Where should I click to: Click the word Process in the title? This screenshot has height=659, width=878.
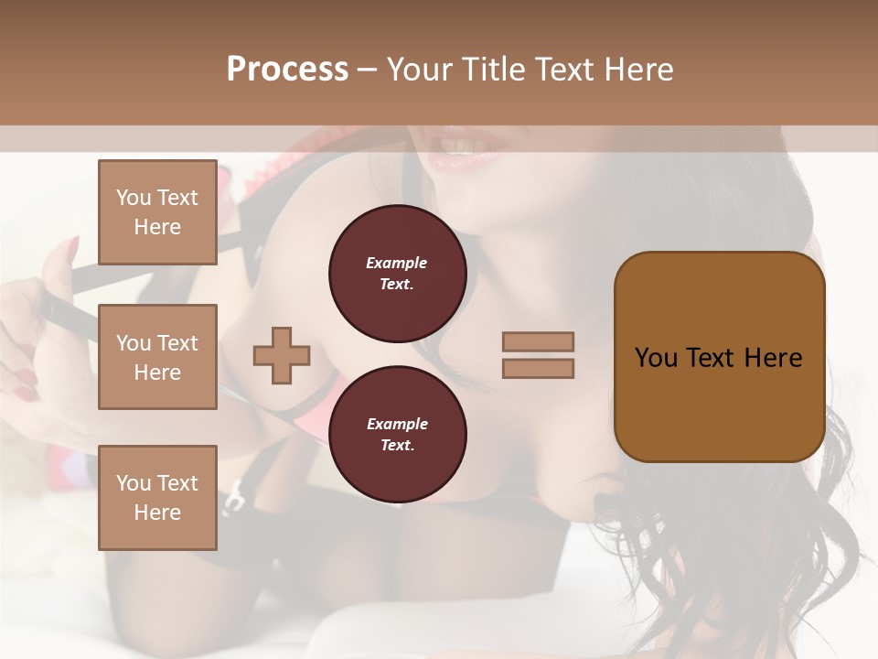287,70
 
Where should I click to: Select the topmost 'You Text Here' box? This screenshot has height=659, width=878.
157,212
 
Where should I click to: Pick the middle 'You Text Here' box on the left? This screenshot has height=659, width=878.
157,357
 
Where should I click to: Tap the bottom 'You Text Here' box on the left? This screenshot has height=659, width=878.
157,498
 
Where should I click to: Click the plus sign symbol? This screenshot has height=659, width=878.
282,355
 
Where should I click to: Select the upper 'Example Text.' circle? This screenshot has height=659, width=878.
397,274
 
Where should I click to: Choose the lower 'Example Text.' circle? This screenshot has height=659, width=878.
397,435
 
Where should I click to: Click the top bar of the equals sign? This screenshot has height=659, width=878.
538,342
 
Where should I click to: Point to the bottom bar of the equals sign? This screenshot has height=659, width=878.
538,368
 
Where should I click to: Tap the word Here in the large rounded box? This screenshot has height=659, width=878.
773,358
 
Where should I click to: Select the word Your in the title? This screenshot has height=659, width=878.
418,70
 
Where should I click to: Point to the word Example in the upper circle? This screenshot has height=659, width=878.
397,263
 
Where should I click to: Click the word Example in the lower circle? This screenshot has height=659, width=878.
397,424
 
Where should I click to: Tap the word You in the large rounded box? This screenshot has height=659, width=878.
656,358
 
